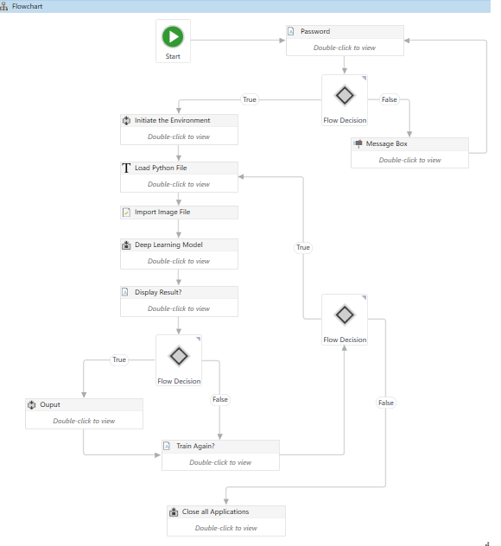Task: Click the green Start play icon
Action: pos(173,36)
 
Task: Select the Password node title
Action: pos(314,32)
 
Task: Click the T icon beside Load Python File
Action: pos(127,168)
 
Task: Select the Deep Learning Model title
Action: pos(168,244)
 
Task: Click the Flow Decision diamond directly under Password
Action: pos(345,95)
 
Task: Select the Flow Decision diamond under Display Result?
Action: pos(179,356)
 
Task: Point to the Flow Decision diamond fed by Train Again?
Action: pos(345,314)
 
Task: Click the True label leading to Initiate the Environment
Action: pos(250,99)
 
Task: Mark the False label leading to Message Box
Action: pos(390,99)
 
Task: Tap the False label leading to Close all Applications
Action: pos(385,403)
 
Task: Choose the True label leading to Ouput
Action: pos(119,359)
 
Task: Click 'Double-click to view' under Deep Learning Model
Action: pos(179,261)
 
